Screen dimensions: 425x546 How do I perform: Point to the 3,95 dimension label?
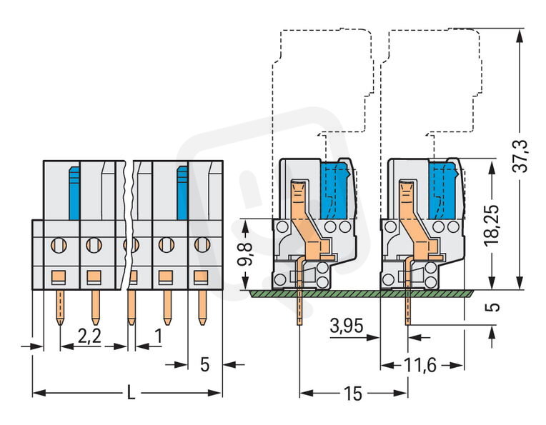(347, 328)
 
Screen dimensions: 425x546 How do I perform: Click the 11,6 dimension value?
(421, 365)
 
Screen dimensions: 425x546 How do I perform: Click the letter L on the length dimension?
(129, 393)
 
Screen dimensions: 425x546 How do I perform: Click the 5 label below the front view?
(205, 365)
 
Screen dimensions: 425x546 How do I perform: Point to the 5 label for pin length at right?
(492, 309)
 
